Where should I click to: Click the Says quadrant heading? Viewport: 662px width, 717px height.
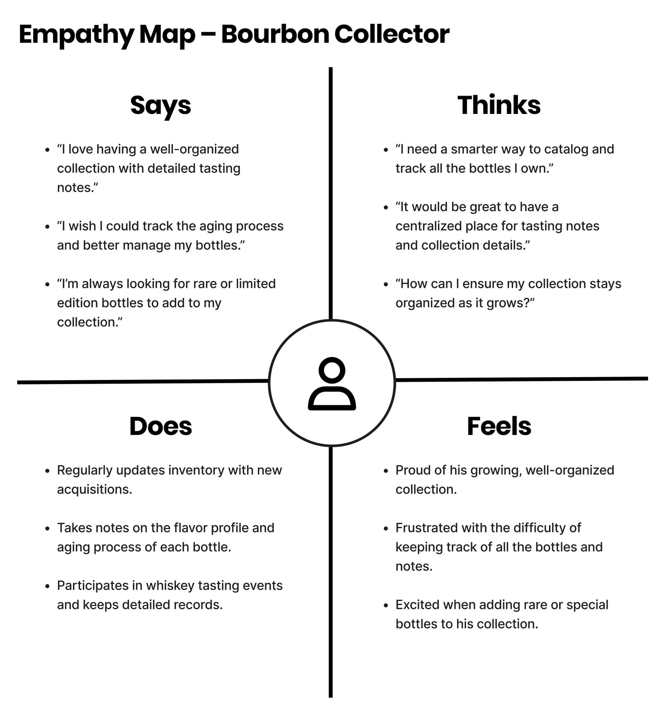click(160, 106)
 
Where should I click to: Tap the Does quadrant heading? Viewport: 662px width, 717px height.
click(160, 426)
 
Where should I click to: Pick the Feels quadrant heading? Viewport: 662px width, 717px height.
click(499, 426)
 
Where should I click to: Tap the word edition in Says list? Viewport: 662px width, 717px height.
click(77, 303)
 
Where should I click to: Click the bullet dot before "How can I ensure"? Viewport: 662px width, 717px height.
click(385, 285)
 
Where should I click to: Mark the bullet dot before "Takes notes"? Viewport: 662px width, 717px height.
click(47, 529)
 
